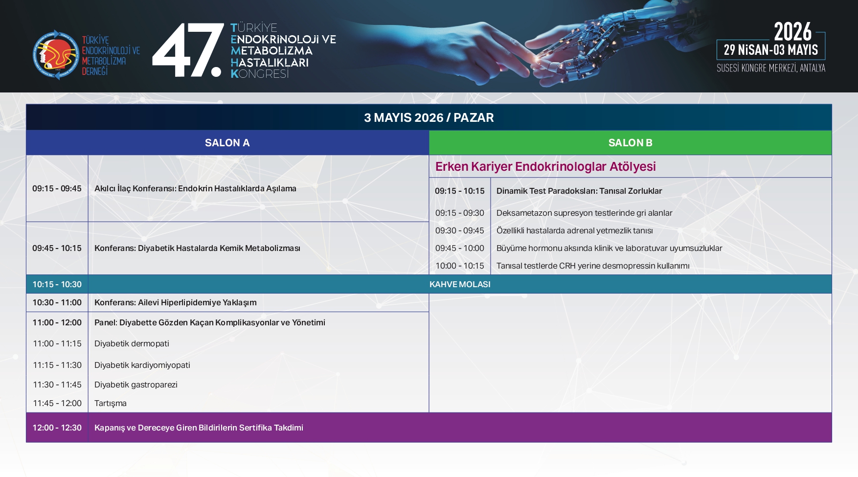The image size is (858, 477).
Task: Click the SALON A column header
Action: coord(227,143)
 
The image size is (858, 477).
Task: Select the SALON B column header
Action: coord(630,143)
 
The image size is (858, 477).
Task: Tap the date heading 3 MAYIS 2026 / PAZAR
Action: coord(429,117)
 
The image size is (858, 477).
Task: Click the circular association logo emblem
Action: coord(56,55)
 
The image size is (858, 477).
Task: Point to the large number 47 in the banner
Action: coord(188,50)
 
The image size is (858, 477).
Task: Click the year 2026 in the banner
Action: coord(792,32)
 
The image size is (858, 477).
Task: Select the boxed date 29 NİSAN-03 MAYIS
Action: coord(771,50)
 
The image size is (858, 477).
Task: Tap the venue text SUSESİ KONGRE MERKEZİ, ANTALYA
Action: coord(771,68)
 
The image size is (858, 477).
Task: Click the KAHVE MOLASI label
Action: coord(460,284)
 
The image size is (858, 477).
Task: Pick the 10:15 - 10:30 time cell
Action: coord(57,284)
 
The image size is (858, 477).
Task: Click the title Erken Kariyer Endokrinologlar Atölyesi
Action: coord(545,166)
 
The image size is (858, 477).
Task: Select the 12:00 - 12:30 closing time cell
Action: coord(57,428)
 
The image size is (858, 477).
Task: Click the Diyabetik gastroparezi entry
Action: coord(136,385)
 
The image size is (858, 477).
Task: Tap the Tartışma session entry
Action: coord(111,404)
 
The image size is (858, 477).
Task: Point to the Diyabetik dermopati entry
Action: coord(132,344)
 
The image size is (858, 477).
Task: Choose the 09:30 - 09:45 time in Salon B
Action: coord(460,230)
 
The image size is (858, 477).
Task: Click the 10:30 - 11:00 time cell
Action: coord(57,302)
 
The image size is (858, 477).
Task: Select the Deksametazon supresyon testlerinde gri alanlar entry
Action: coord(585,213)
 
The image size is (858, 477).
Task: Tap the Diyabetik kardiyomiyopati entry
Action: coord(142,365)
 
